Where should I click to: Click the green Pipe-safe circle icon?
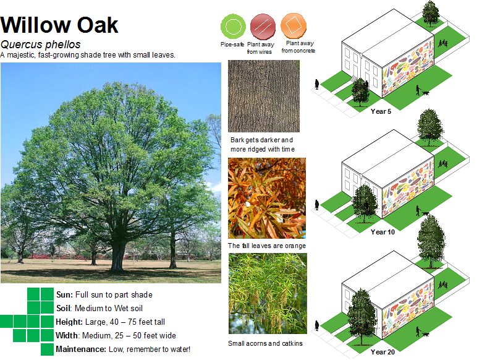click(x=234, y=27)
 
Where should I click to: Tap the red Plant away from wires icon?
click(x=263, y=27)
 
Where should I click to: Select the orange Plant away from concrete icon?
click(x=294, y=25)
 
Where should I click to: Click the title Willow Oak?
click(x=59, y=25)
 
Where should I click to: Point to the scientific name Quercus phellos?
click(x=40, y=45)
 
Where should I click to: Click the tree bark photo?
click(x=264, y=96)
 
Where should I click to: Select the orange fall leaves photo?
click(x=267, y=198)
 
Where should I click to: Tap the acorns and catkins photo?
click(x=268, y=293)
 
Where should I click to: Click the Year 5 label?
click(x=381, y=111)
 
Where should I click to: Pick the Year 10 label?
click(x=383, y=232)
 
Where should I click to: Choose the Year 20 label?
click(x=383, y=352)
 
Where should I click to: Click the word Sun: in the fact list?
click(x=64, y=295)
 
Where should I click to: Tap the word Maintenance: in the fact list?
click(x=81, y=349)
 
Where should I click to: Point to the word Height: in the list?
click(x=69, y=322)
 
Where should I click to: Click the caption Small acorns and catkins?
click(x=265, y=343)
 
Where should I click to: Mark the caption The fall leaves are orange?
click(x=267, y=246)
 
